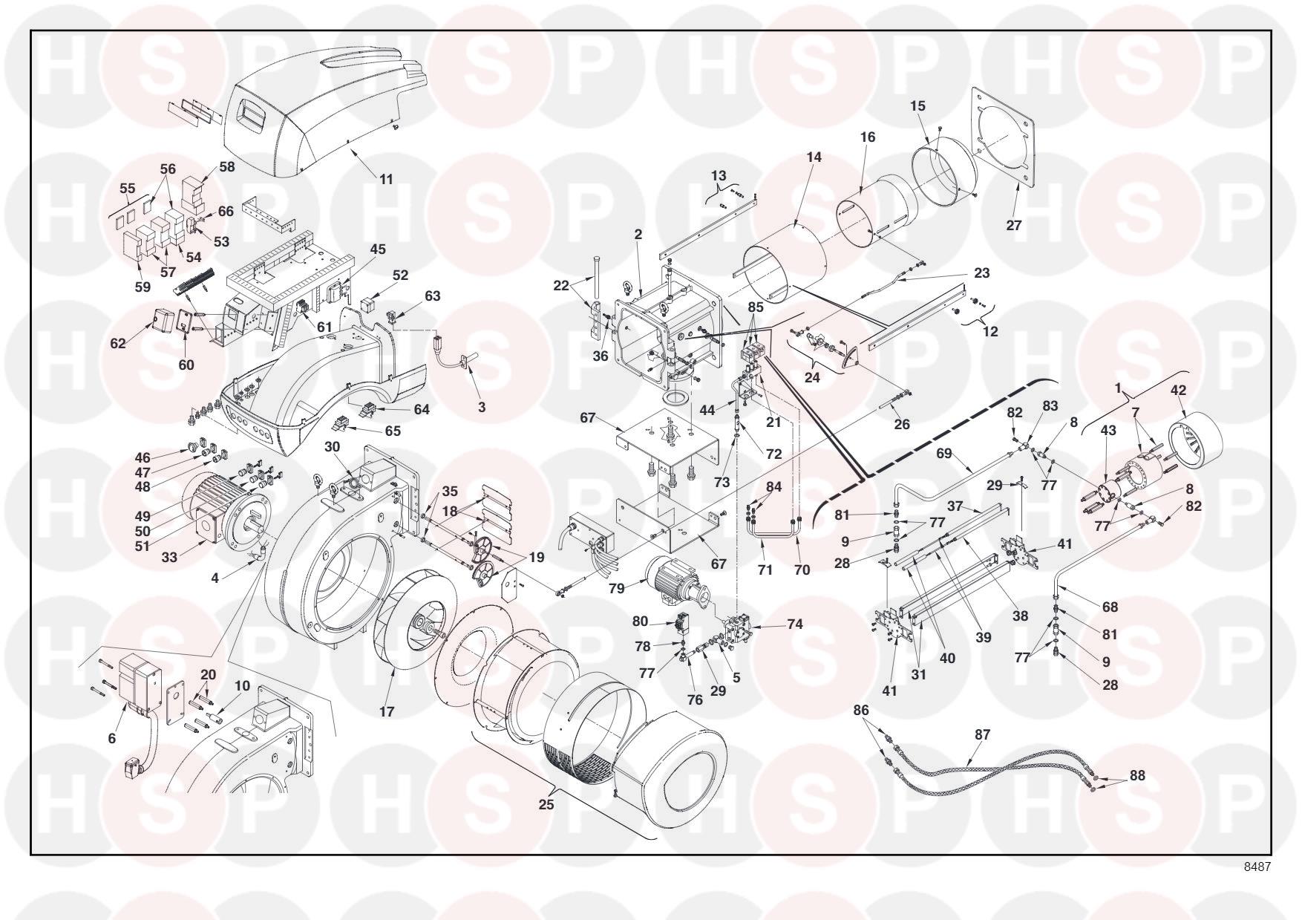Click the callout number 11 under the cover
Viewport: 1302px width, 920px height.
coord(386,179)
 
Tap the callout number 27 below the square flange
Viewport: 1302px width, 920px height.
coord(1014,225)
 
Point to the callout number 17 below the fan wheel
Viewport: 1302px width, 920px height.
coord(387,711)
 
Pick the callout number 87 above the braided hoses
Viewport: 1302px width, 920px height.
coord(982,734)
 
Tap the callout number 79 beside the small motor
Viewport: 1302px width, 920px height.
coord(617,589)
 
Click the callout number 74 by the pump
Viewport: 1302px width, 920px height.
coord(795,624)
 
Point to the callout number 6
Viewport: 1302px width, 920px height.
coord(112,738)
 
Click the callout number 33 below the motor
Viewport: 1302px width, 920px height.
coord(169,557)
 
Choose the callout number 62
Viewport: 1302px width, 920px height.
coord(118,344)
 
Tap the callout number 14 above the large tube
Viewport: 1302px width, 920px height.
coord(814,157)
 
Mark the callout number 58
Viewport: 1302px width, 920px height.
coord(226,166)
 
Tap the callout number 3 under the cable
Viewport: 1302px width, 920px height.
coord(482,407)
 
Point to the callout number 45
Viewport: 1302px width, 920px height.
coord(378,249)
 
